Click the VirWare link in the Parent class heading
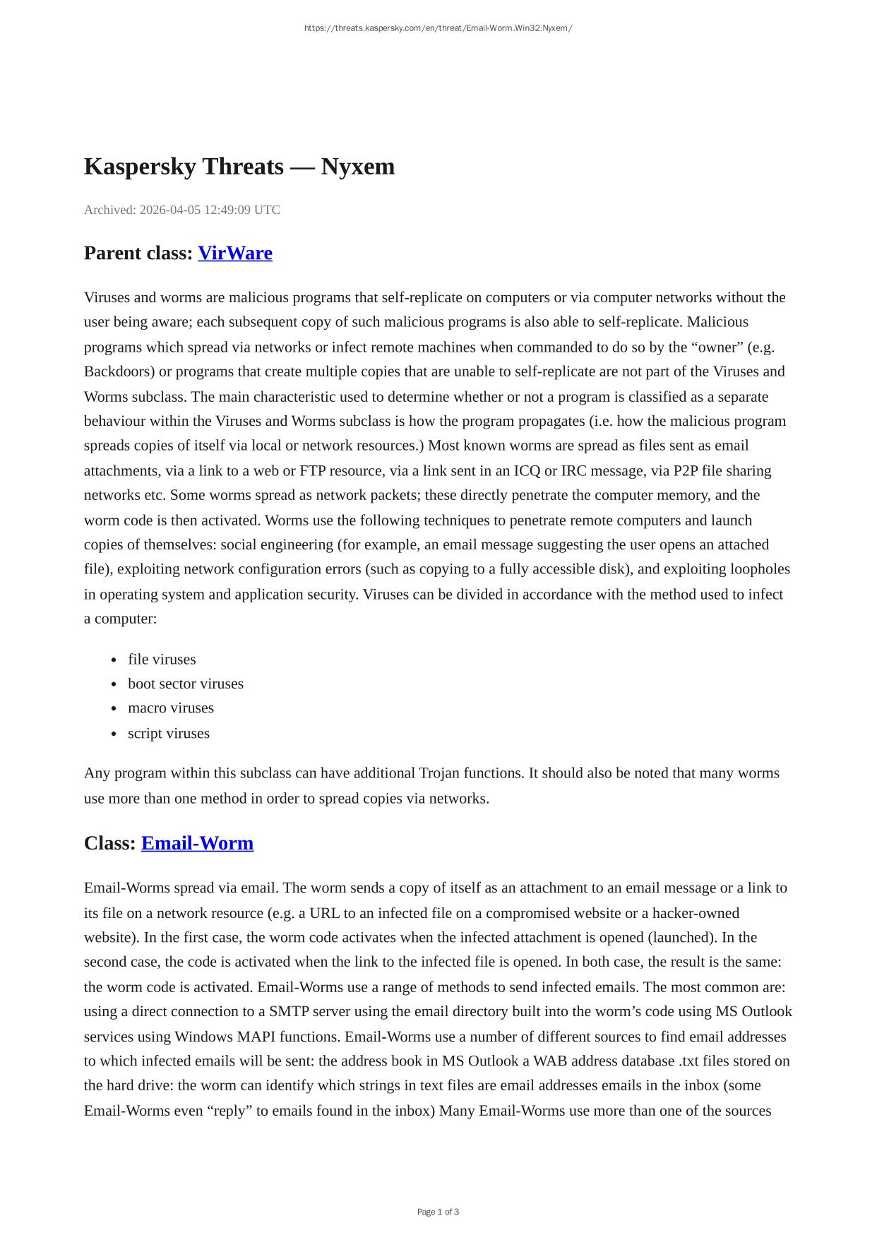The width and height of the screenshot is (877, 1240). [234, 253]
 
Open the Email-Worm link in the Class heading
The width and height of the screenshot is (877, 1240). [197, 843]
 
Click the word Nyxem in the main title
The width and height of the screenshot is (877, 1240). [358, 167]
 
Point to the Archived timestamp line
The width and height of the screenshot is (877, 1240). [182, 210]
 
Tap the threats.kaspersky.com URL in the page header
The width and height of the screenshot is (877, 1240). [438, 28]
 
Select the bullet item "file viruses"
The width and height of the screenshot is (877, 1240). [162, 659]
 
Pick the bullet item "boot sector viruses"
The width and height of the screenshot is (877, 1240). [185, 684]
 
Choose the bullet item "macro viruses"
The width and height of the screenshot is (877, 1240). [170, 708]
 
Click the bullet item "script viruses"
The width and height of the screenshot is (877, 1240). [168, 733]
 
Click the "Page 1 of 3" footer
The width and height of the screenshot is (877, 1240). [438, 1212]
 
